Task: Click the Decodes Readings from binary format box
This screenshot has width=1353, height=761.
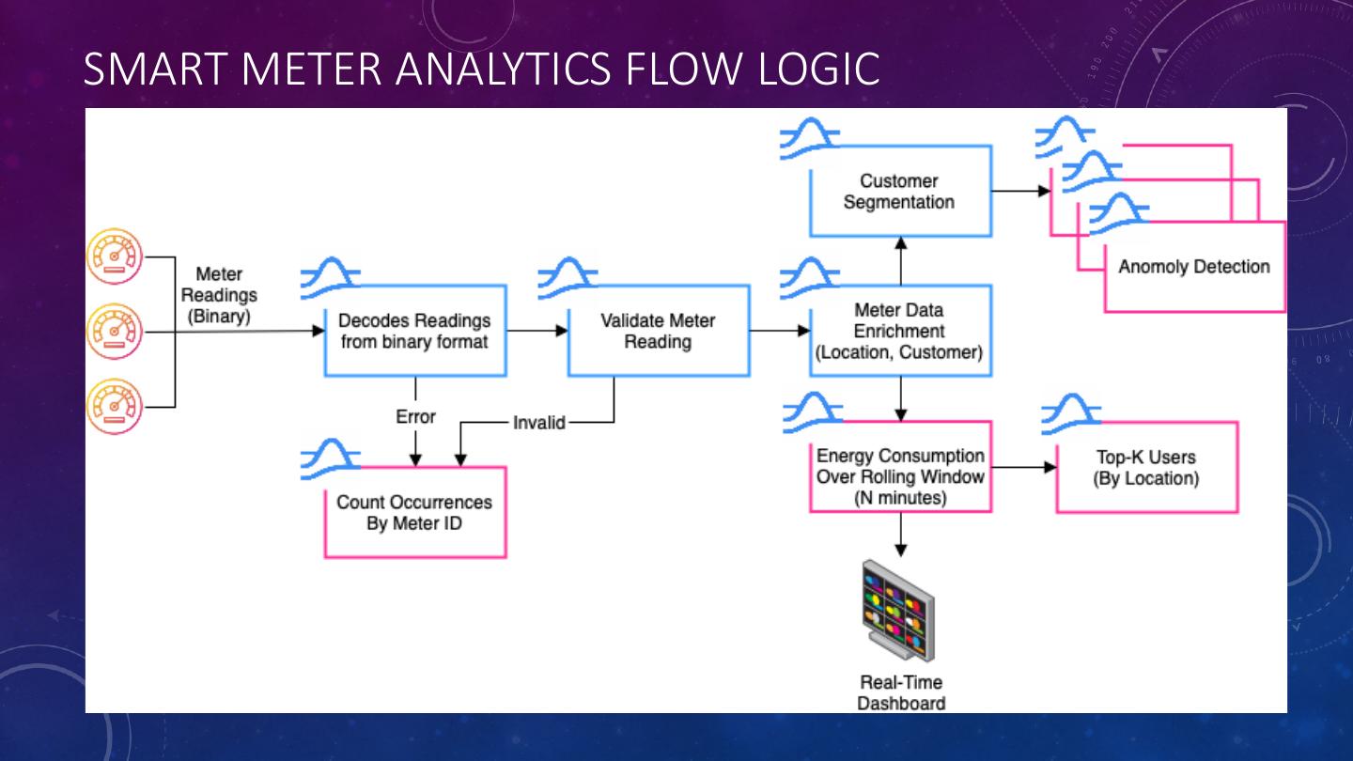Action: click(x=414, y=331)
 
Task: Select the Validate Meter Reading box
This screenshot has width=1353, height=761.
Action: click(x=658, y=331)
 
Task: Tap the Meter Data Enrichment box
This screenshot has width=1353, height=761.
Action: click(x=900, y=331)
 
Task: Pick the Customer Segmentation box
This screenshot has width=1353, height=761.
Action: click(x=899, y=192)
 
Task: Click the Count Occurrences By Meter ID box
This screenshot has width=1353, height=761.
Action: click(x=414, y=512)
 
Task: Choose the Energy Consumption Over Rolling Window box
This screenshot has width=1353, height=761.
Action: click(x=900, y=476)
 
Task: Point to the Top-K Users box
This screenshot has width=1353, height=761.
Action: click(x=1146, y=467)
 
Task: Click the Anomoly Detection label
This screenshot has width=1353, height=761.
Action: click(x=1193, y=267)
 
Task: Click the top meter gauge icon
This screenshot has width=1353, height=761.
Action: click(x=114, y=256)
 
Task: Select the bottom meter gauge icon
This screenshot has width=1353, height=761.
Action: click(x=114, y=407)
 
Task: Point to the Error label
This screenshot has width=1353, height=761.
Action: click(x=415, y=416)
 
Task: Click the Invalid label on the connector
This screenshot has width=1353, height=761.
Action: click(x=539, y=423)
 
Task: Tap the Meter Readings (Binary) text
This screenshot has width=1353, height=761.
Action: click(x=219, y=295)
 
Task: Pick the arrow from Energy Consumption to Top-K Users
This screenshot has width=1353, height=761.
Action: click(x=1023, y=467)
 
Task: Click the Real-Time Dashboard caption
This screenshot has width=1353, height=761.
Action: click(x=900, y=692)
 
